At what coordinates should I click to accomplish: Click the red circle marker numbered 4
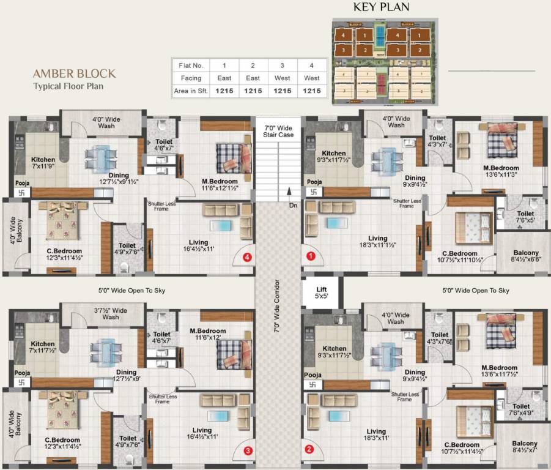[247, 258]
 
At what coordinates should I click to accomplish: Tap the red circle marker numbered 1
[311, 257]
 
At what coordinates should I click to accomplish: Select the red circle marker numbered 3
[247, 451]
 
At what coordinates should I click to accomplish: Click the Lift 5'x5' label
[322, 292]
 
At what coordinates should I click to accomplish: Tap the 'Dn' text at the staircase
[294, 205]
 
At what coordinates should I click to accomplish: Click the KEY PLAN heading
[382, 7]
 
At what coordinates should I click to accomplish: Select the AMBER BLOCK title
[74, 73]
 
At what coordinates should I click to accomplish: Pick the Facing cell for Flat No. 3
[283, 78]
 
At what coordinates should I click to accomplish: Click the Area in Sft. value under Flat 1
[224, 91]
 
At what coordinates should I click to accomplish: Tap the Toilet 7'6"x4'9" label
[521, 409]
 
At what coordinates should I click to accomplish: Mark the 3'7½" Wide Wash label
[111, 313]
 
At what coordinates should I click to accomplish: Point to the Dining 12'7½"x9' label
[126, 375]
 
